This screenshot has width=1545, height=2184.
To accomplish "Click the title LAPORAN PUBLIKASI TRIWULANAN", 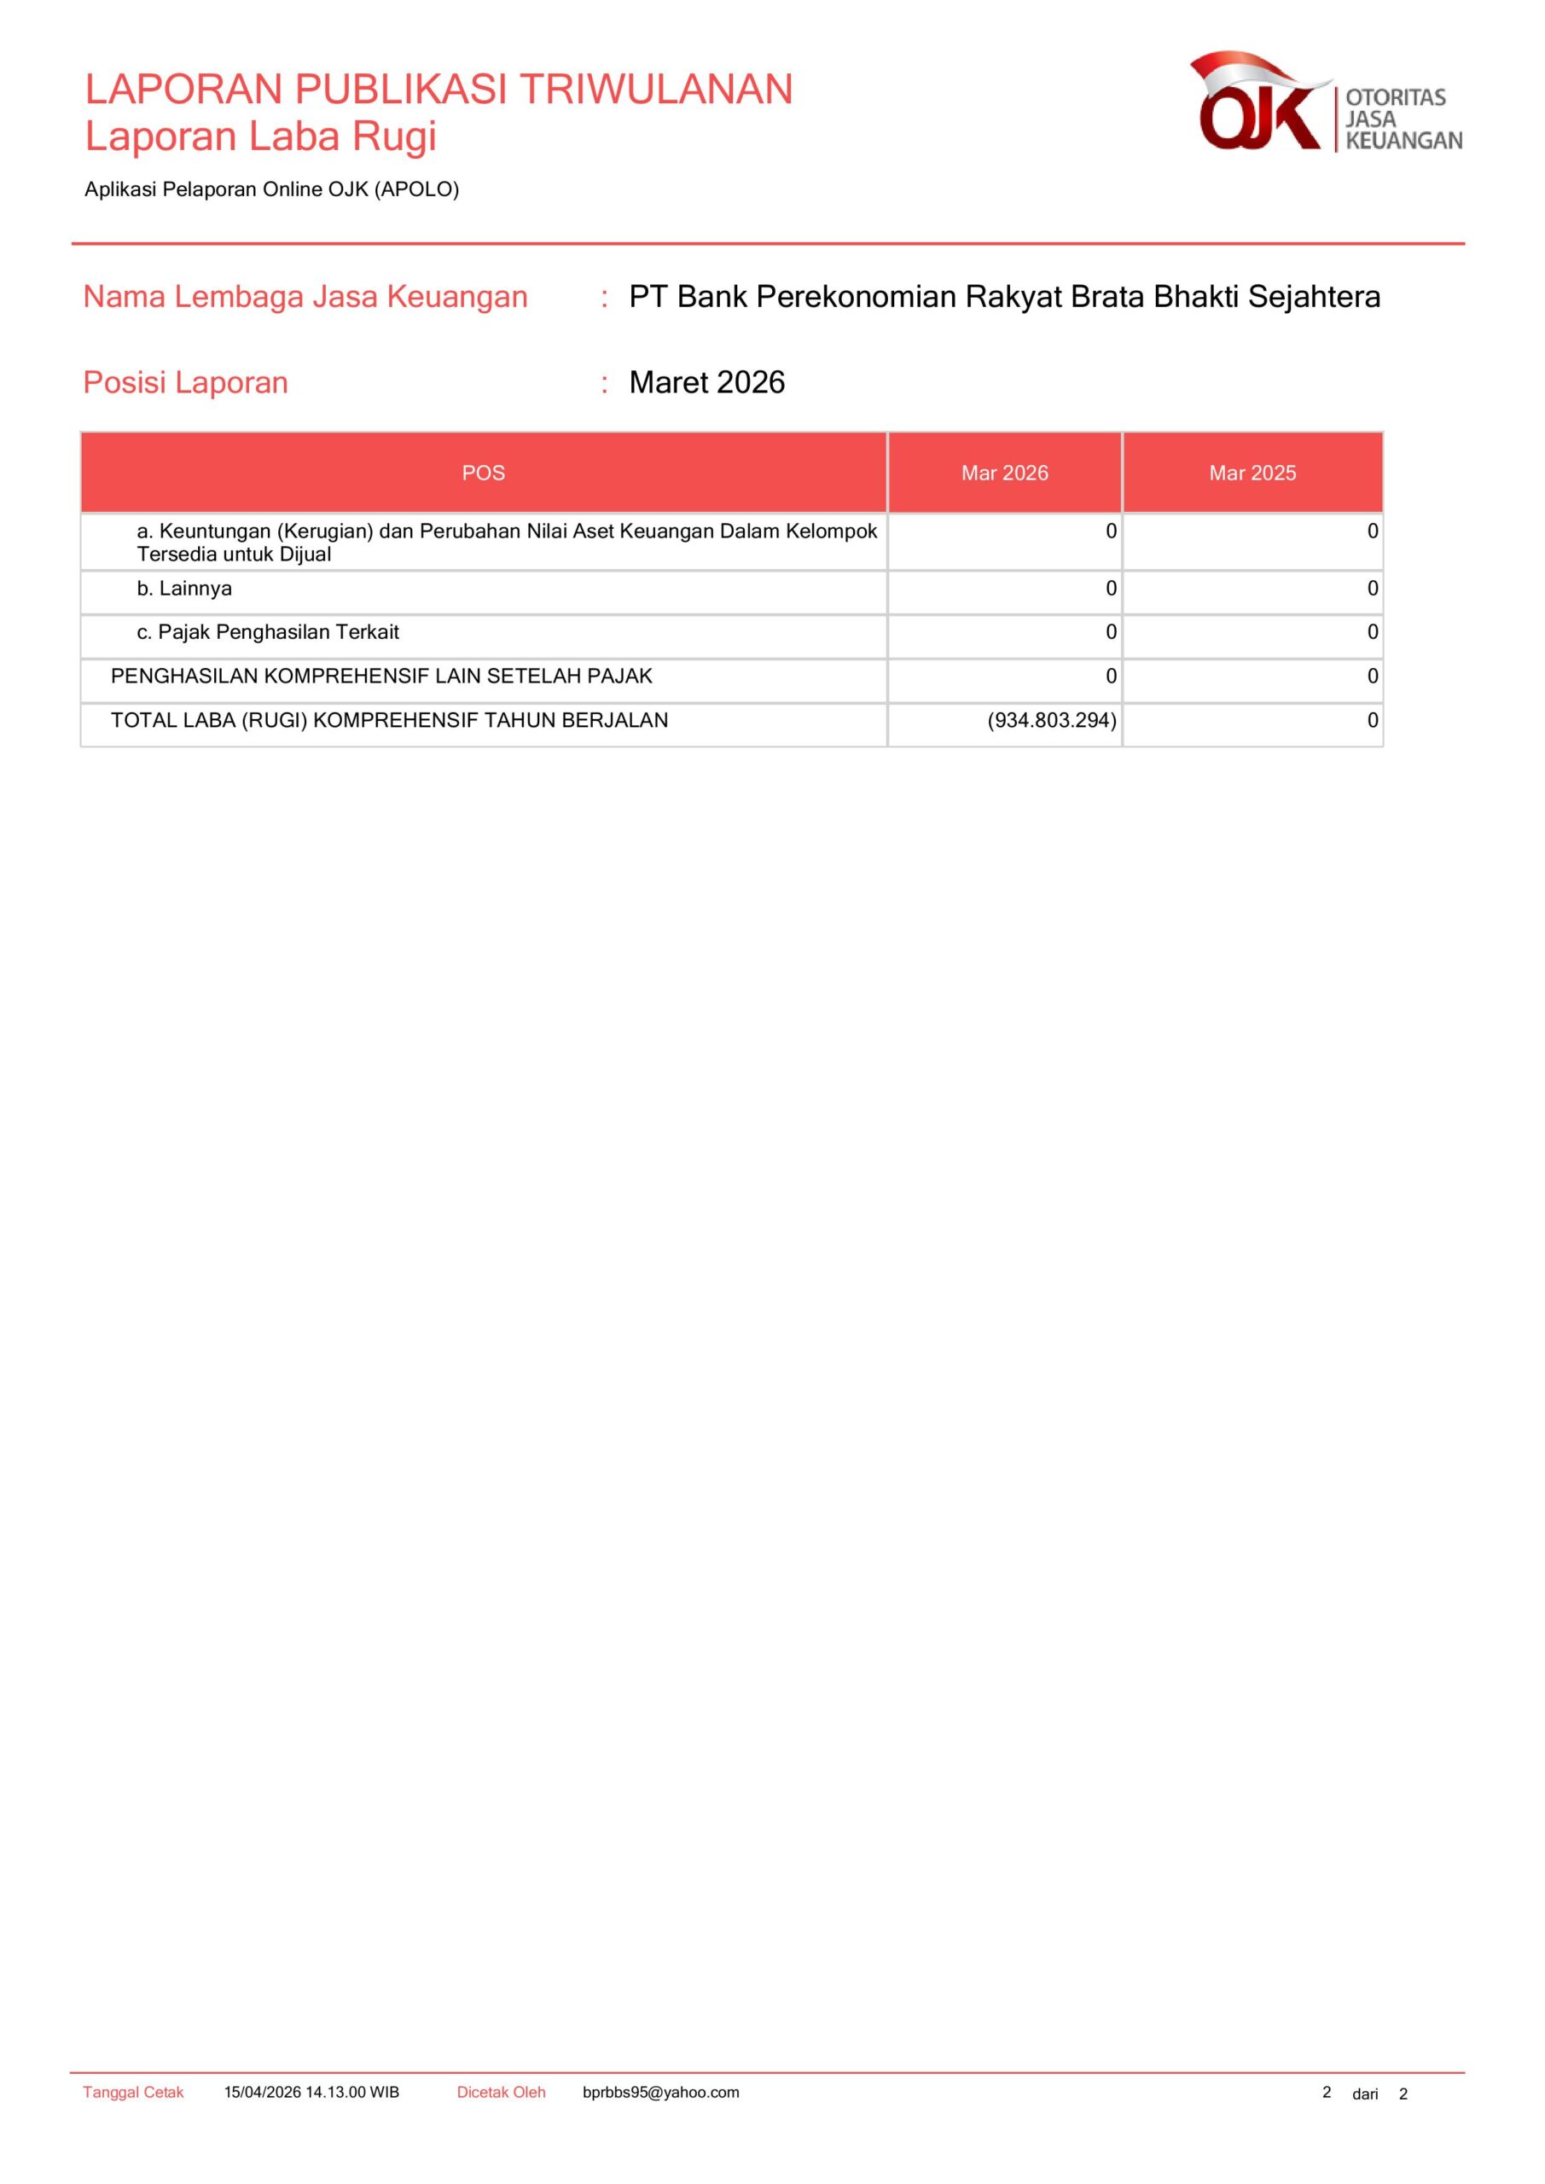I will tap(439, 90).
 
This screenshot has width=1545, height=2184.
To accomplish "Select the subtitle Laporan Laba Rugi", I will tap(261, 136).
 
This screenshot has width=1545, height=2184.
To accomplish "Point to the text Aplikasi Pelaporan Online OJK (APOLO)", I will tap(271, 189).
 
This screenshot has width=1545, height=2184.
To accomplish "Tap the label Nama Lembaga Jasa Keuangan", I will tap(305, 297).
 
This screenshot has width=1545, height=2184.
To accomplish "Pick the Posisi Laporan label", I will tap(185, 382).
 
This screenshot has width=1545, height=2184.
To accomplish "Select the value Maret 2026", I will tap(707, 382).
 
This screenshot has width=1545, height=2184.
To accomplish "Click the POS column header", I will tap(483, 473).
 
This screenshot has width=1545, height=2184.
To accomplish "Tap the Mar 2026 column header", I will tap(1005, 473).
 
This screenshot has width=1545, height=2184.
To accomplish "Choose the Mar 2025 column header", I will tap(1252, 473).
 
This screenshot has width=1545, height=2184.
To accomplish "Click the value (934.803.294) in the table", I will tap(1051, 720).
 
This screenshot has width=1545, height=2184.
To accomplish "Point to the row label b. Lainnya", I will tap(183, 589).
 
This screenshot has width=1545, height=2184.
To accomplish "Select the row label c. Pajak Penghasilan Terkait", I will tap(267, 632).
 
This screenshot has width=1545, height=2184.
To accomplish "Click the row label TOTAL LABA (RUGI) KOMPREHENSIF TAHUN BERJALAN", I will tap(389, 720).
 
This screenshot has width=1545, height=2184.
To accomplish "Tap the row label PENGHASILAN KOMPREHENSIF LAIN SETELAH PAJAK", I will tap(381, 677).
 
